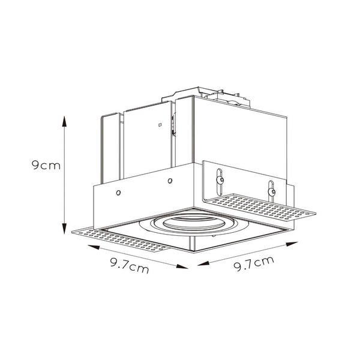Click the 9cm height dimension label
[46, 166]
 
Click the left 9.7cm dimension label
[130, 265]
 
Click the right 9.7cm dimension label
[254, 263]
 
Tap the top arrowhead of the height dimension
[65, 121]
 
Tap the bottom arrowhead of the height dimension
[65, 229]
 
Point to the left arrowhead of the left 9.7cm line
[94, 247]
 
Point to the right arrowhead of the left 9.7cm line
[182, 266]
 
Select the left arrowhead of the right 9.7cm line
[203, 263]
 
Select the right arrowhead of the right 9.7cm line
[292, 244]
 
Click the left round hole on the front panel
[118, 193]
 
